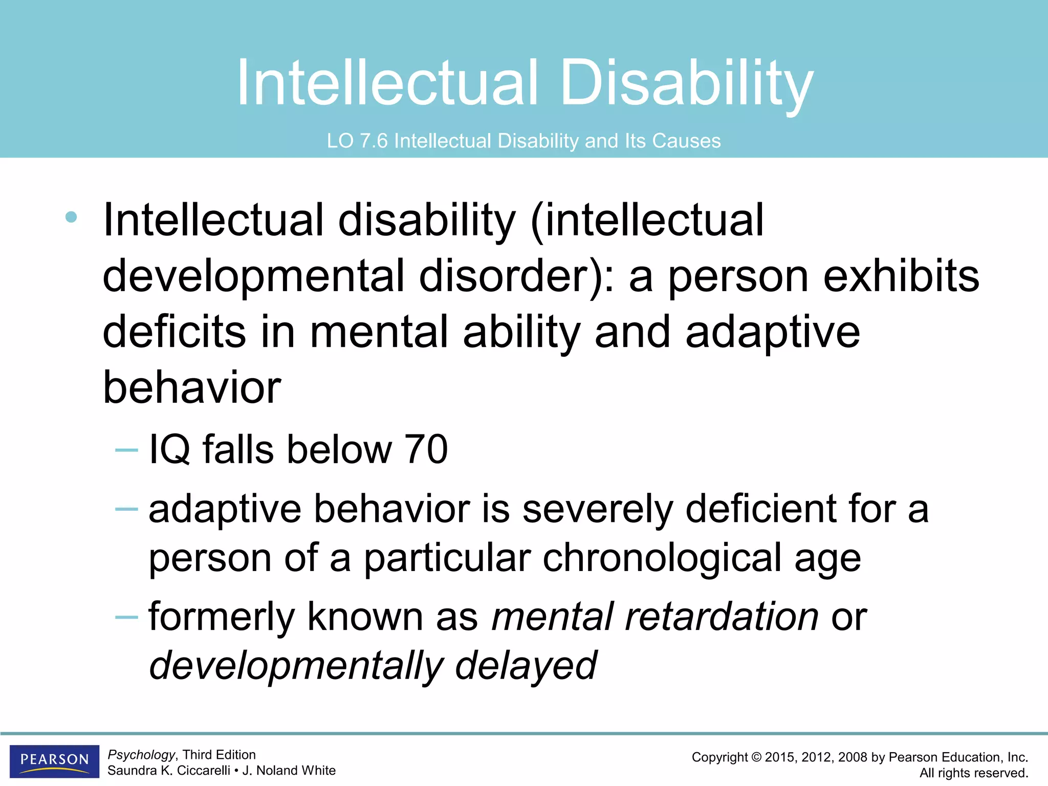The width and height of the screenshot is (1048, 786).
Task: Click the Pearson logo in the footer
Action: (x=54, y=761)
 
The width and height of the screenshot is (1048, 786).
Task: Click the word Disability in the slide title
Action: (x=686, y=83)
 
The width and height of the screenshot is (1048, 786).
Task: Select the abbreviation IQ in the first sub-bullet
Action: (x=169, y=450)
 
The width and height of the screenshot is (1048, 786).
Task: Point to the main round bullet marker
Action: (x=71, y=217)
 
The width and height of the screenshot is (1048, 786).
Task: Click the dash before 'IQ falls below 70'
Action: (x=126, y=450)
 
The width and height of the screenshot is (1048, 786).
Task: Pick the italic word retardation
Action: (x=722, y=617)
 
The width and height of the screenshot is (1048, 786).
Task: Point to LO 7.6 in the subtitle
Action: (x=357, y=141)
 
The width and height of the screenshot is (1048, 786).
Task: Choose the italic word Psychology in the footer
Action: (x=141, y=755)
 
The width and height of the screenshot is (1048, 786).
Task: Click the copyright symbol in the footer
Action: (x=756, y=757)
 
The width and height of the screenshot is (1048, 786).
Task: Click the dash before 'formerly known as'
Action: (x=126, y=617)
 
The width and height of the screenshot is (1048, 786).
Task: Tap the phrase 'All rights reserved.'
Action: (x=973, y=773)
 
